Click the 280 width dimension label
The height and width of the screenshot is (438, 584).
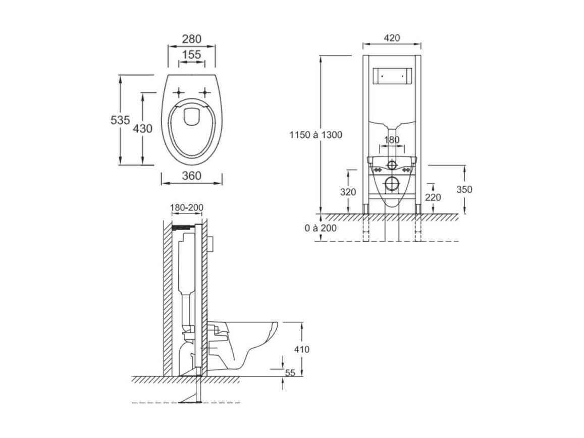pyautogui.click(x=191, y=39)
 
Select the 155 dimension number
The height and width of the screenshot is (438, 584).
pyautogui.click(x=191, y=54)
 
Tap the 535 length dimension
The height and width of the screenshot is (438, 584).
pyautogui.click(x=120, y=120)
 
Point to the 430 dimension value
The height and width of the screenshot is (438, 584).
pyautogui.click(x=143, y=129)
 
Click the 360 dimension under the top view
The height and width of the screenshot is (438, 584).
pyautogui.click(x=191, y=176)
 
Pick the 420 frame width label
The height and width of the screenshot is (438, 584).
pyautogui.click(x=392, y=38)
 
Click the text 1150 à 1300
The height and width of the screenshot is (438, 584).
pyautogui.click(x=316, y=135)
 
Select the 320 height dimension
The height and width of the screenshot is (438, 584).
pyautogui.click(x=348, y=192)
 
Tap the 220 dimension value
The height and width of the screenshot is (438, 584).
pyautogui.click(x=433, y=197)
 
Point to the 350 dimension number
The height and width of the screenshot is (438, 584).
pyautogui.click(x=464, y=189)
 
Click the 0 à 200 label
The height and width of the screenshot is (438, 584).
pyautogui.click(x=321, y=228)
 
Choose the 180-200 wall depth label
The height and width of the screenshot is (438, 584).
pyautogui.click(x=187, y=207)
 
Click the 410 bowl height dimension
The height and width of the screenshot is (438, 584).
pyautogui.click(x=302, y=349)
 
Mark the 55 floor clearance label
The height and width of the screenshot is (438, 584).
pyautogui.click(x=290, y=373)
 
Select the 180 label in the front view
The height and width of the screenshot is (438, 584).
pyautogui.click(x=392, y=140)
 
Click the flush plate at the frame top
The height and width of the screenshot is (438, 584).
pyautogui.click(x=392, y=76)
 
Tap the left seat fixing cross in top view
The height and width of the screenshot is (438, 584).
pyautogui.click(x=179, y=92)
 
